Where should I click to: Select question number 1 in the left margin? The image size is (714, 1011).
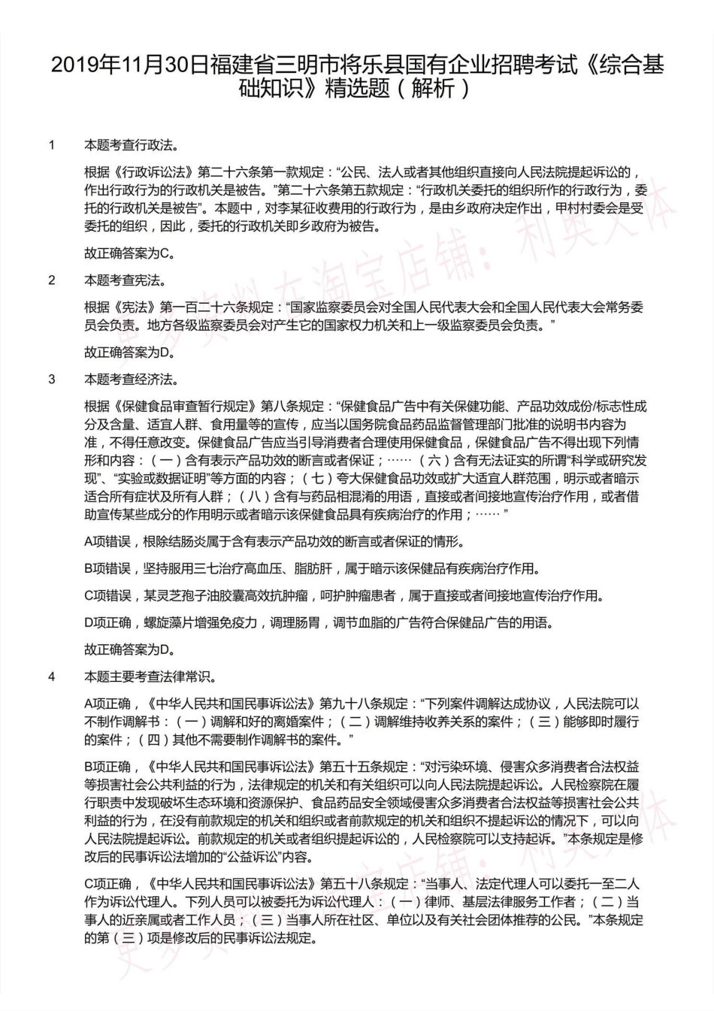pyautogui.click(x=52, y=145)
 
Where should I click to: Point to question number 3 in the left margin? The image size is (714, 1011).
pyautogui.click(x=52, y=379)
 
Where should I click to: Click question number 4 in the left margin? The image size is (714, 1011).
pyautogui.click(x=52, y=677)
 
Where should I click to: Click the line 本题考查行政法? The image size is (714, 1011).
pyautogui.click(x=132, y=145)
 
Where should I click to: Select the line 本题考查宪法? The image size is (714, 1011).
pyautogui.click(x=125, y=280)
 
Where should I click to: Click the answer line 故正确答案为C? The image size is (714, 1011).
pyautogui.click(x=129, y=253)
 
